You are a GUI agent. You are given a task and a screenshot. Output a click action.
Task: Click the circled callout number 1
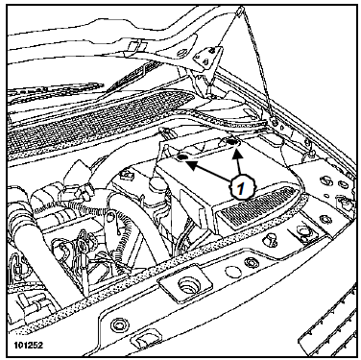pos(241,187)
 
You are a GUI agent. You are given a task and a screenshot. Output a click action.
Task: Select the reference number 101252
pos(28,346)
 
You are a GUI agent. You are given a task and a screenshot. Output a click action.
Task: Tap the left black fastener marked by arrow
pos(183,157)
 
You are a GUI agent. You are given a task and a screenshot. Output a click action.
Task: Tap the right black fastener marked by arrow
pos(230,141)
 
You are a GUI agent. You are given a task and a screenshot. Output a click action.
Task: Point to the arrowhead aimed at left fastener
pos(191,165)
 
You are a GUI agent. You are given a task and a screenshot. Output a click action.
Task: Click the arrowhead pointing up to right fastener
pos(236,156)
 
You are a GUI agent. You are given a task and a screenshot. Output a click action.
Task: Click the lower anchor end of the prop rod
pos(275,122)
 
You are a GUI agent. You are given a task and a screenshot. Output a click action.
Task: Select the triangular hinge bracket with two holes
pos(207,59)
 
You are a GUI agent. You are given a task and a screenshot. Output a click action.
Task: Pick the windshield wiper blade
pos(55,91)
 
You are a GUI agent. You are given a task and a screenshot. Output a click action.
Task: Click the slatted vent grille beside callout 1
pos(258,207)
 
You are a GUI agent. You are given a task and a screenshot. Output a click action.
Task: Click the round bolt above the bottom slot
pos(117,325)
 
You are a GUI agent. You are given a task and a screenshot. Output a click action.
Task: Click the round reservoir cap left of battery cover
pos(156,184)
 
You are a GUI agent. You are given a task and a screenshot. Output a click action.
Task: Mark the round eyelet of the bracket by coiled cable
pos(111,217)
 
